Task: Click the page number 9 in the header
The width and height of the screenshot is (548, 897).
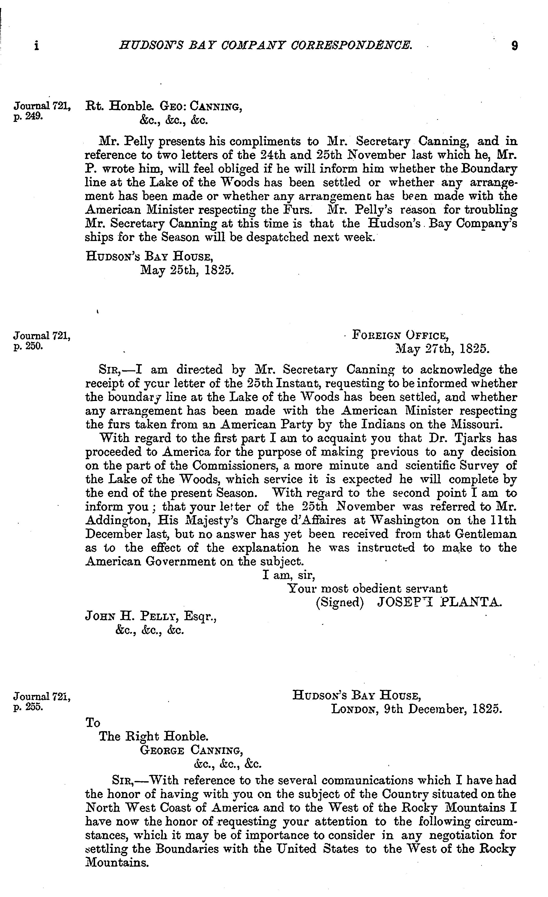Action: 514,45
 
